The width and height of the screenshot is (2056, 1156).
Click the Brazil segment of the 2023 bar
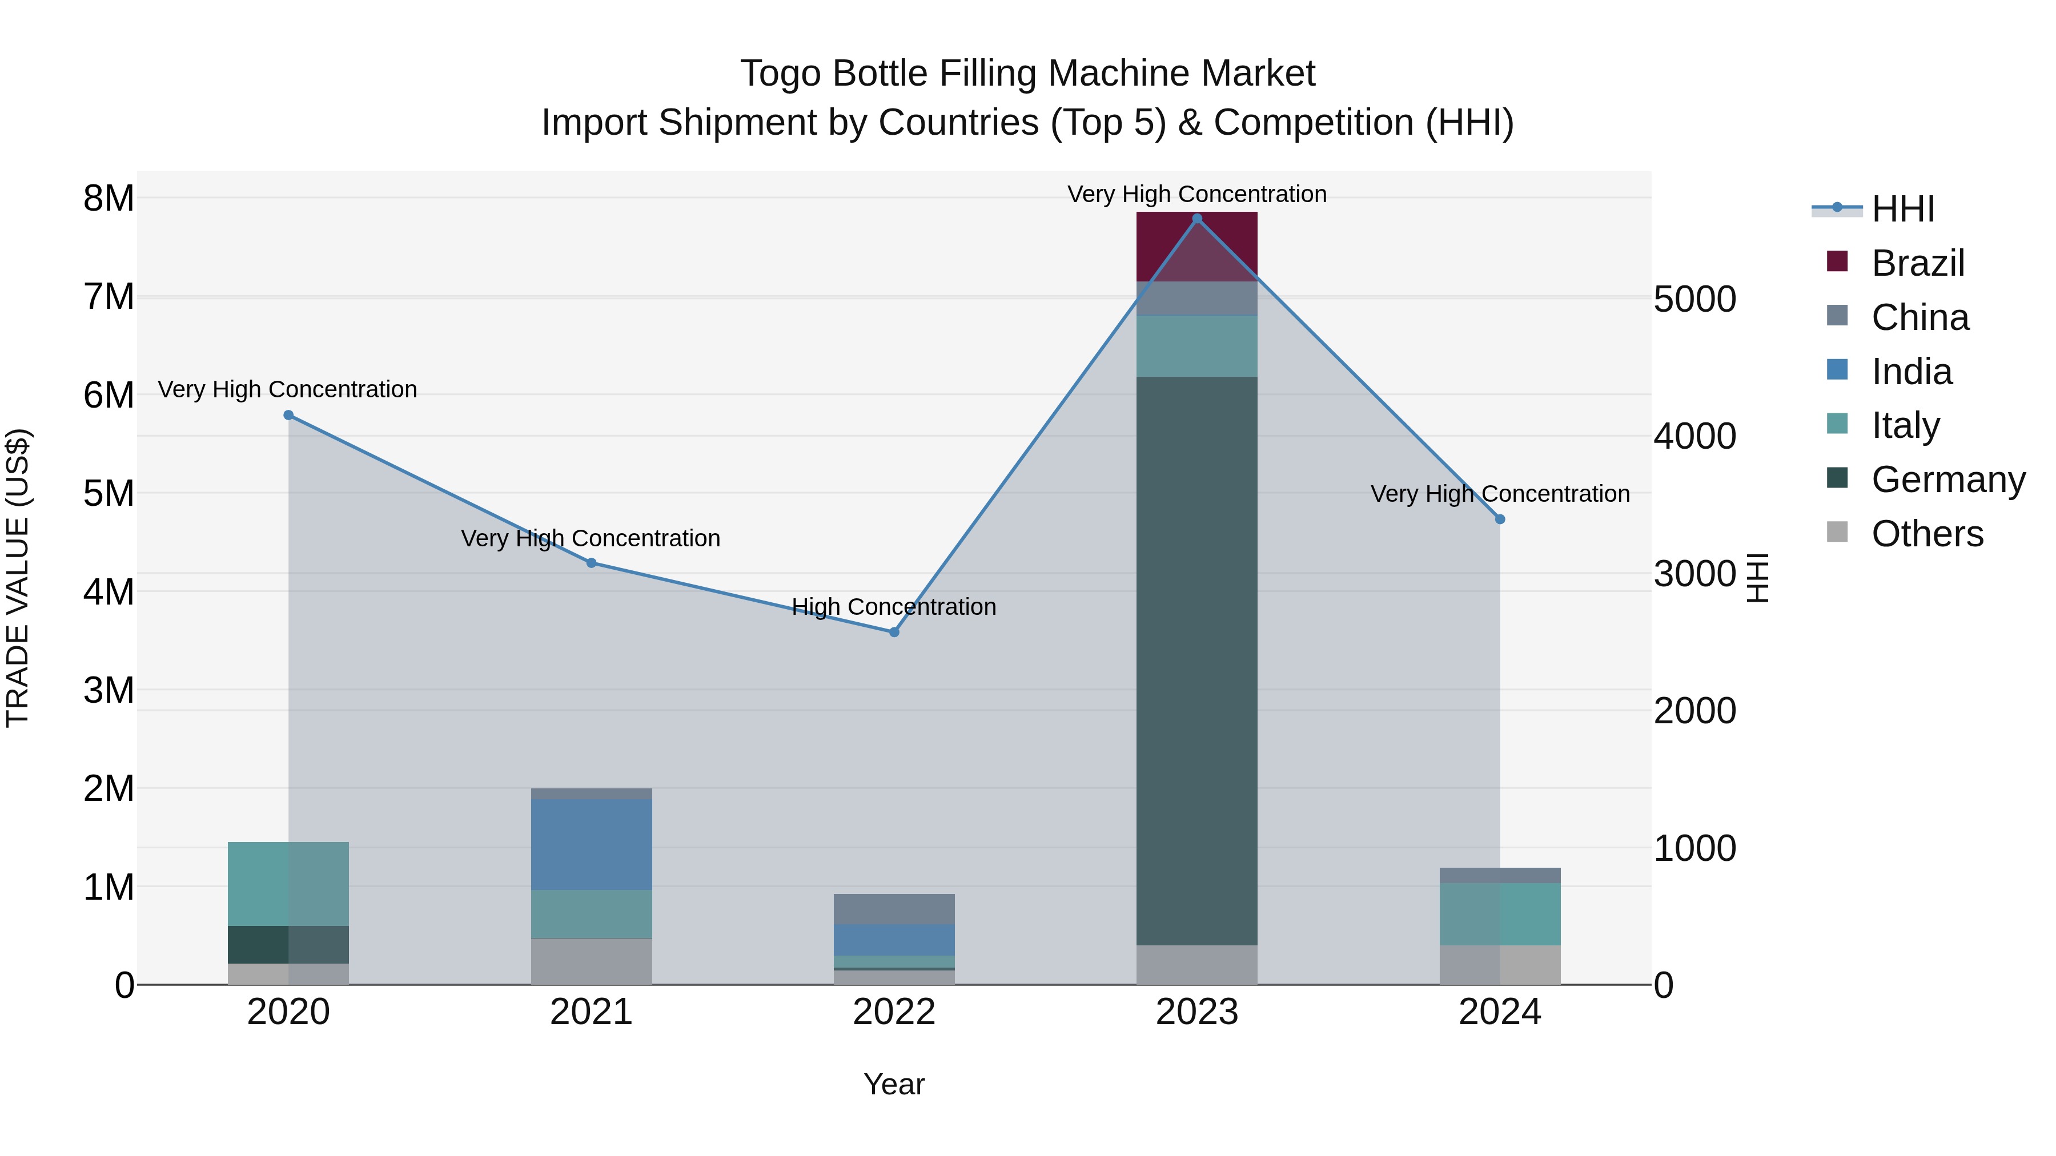1196,247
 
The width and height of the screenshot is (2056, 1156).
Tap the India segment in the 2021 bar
592,844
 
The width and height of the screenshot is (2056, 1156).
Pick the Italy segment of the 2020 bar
288,883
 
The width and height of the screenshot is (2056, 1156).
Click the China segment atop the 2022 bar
894,909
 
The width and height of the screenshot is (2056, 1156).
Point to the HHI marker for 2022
894,632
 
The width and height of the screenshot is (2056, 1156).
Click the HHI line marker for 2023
1196,219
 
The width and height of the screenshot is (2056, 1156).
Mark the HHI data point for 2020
288,415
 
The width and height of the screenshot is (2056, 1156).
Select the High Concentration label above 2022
894,607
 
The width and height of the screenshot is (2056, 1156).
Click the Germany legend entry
1947,480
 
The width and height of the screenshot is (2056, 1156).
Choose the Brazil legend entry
1917,263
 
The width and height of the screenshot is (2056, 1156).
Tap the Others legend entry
1927,534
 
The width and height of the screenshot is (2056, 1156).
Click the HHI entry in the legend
1903,209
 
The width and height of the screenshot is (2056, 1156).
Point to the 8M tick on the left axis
109,198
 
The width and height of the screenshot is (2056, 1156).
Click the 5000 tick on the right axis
1694,299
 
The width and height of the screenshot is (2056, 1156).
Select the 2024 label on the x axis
1500,1012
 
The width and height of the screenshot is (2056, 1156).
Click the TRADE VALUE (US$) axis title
18,578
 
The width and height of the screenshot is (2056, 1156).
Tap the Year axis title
894,1084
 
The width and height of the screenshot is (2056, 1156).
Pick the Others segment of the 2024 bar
1500,965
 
